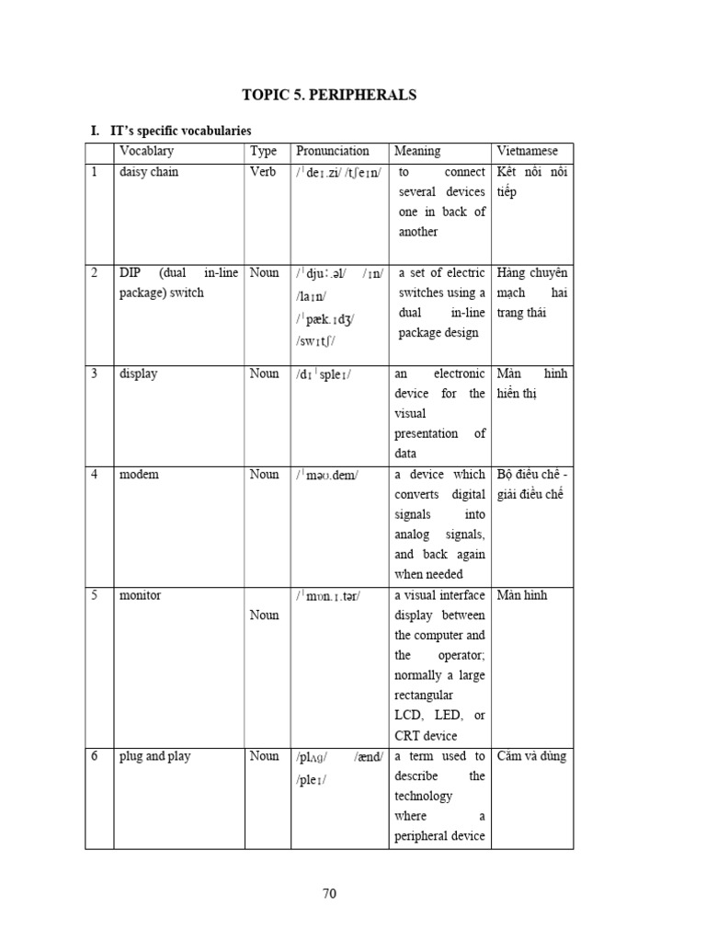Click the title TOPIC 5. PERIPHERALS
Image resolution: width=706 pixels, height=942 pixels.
pos(329,95)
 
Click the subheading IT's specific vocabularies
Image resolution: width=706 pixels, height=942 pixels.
pos(180,132)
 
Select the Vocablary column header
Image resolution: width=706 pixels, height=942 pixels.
pos(146,151)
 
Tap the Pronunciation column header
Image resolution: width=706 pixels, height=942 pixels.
pos(333,151)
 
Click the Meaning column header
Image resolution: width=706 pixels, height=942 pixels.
pos(417,151)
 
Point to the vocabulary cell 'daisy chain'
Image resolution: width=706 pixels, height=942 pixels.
pos(149,172)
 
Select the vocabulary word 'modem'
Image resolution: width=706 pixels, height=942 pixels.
pos(139,475)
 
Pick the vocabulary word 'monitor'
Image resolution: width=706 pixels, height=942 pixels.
pos(141,595)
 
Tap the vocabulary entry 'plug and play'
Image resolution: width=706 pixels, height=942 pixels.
pos(155,756)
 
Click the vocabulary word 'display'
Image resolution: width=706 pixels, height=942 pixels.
pos(138,373)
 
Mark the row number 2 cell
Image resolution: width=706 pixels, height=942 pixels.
pos(94,273)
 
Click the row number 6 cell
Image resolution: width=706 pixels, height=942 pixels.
pos(94,756)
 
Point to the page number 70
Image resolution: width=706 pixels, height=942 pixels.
pos(331,892)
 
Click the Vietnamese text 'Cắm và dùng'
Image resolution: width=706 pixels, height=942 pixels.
pos(531,756)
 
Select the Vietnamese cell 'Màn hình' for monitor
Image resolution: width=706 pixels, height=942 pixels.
pos(521,595)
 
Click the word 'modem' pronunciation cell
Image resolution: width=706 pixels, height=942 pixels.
pos(328,475)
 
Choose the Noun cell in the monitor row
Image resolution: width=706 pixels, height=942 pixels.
pos(264,615)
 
